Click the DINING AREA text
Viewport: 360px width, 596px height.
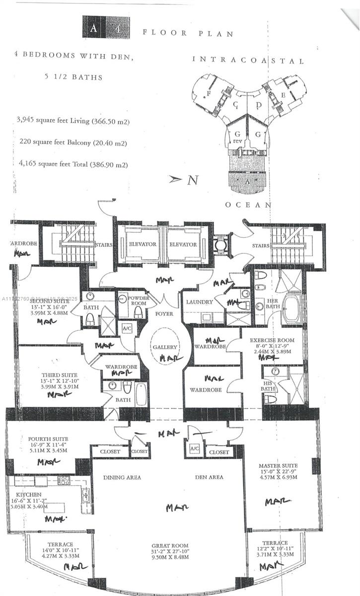122,477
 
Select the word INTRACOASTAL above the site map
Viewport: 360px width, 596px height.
248,61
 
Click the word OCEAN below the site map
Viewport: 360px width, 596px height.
248,205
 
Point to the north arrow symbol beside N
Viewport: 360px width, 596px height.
175,179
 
